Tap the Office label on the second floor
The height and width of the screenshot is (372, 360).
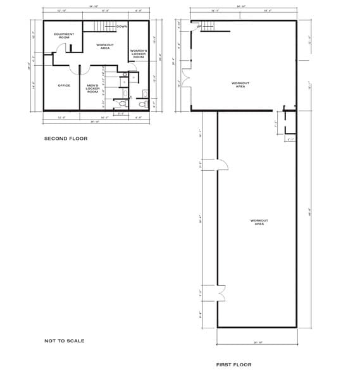pos(64,85)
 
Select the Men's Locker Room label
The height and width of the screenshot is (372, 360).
pos(92,89)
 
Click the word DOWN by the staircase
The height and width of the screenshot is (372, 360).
pos(122,27)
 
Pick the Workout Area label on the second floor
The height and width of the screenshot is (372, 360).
pos(105,47)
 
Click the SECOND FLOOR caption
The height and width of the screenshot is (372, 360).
pos(66,138)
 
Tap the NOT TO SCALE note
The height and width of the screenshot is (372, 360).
pos(64,340)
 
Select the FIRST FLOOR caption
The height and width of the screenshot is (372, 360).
pos(233,364)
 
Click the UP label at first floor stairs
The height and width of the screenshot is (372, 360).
pos(199,27)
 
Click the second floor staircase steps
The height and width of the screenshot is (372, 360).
pos(105,25)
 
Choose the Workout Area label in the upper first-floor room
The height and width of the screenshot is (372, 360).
pos(240,85)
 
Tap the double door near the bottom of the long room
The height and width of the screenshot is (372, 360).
pos(221,293)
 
